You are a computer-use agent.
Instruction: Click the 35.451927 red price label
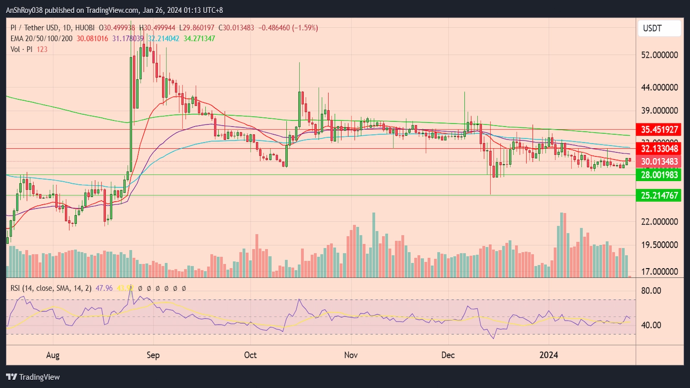click(x=659, y=129)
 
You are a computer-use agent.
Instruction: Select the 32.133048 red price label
click(x=659, y=149)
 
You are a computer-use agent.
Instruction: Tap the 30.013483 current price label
click(x=659, y=162)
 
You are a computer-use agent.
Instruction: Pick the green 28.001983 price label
click(x=659, y=175)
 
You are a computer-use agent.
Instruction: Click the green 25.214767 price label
click(x=659, y=195)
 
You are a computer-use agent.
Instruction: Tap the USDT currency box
click(x=659, y=28)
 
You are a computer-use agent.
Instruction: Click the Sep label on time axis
click(x=153, y=355)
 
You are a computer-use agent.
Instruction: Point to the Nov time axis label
click(x=351, y=355)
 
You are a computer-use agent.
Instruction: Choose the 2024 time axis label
click(x=549, y=355)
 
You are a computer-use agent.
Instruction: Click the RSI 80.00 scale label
click(x=651, y=291)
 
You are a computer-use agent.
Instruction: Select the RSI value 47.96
click(x=104, y=288)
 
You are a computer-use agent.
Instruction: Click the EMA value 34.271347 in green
click(x=199, y=38)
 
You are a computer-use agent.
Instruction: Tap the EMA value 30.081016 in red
click(x=92, y=38)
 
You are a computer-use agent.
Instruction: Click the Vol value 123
click(x=42, y=49)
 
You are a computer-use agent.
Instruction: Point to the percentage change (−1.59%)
click(x=305, y=28)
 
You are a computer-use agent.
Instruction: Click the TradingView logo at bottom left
click(x=33, y=377)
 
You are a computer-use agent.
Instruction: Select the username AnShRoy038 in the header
click(x=24, y=10)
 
